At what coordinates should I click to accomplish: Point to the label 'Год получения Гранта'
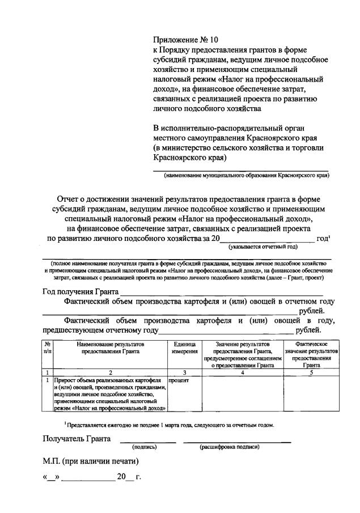(80, 291)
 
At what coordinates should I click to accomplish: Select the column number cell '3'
(184, 372)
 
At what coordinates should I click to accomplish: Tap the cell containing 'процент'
(179, 380)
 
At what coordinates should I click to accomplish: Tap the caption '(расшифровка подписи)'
(230, 447)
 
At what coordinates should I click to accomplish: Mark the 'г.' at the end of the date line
(138, 477)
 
